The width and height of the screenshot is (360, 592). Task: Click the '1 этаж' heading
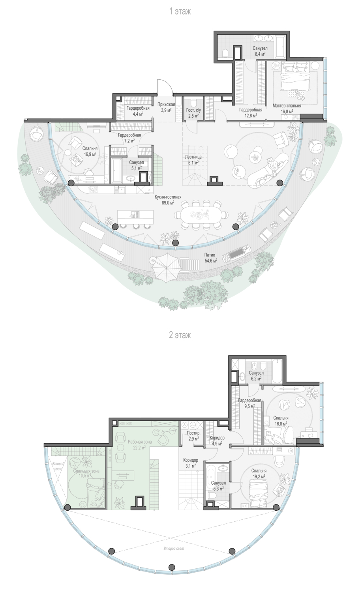coord(180,11)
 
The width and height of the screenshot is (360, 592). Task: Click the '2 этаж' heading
coord(180,335)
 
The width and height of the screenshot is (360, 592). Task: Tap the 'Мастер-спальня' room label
coord(287,106)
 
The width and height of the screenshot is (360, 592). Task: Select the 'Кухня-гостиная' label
coord(168,197)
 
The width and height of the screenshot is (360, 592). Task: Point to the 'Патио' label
coord(210,255)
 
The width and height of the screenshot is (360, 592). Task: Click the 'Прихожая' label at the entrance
coord(166,105)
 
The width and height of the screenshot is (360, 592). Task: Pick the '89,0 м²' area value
coord(168,203)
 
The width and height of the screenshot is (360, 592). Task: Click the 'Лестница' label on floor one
coord(193,157)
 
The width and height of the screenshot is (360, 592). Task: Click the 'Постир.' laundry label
coord(193,433)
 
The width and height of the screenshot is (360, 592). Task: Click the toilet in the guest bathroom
coord(193,102)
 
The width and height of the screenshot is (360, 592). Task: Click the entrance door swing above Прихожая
coord(164,87)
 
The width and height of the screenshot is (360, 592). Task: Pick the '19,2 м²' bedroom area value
coord(259,476)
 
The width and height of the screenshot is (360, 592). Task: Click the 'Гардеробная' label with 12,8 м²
coord(251,110)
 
